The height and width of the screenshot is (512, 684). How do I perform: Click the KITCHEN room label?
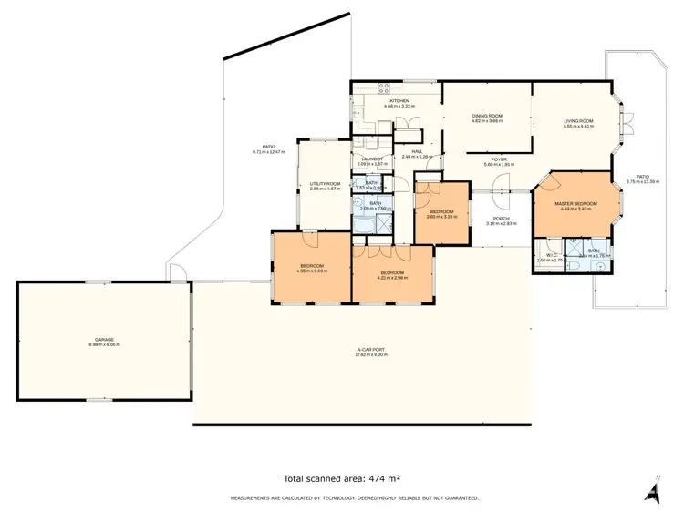click(x=399, y=101)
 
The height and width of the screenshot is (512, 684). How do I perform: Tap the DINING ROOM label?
click(x=487, y=117)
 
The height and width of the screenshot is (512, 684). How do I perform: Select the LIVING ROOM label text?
click(x=578, y=121)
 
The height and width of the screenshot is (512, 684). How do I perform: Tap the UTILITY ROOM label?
click(x=325, y=183)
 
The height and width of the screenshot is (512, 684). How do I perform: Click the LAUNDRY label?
click(x=372, y=159)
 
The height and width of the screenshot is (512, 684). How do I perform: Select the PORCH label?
click(x=501, y=218)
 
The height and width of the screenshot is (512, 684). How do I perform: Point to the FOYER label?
click(x=499, y=159)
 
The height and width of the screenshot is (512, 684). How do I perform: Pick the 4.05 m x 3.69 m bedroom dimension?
click(x=311, y=271)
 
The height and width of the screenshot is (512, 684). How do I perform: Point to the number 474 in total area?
click(x=381, y=477)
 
